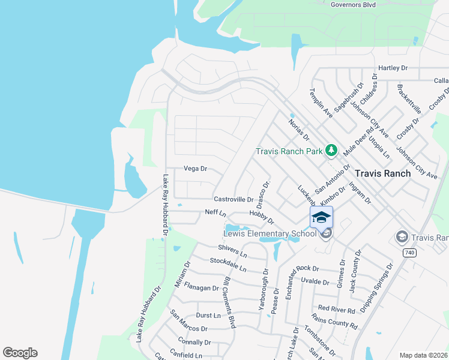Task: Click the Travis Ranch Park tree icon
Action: click(331, 151)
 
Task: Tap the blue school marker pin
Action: click(321, 217)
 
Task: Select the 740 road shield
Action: click(409, 253)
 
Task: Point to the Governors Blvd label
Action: click(353, 5)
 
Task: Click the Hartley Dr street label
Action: click(393, 68)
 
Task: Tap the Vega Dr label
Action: click(195, 169)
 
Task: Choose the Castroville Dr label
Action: click(234, 199)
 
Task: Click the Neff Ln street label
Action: click(215, 213)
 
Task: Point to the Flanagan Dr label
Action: click(202, 287)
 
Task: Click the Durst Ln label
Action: click(208, 315)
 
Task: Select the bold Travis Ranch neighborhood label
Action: click(383, 173)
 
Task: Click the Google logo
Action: click(20, 353)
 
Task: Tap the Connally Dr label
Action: click(194, 342)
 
